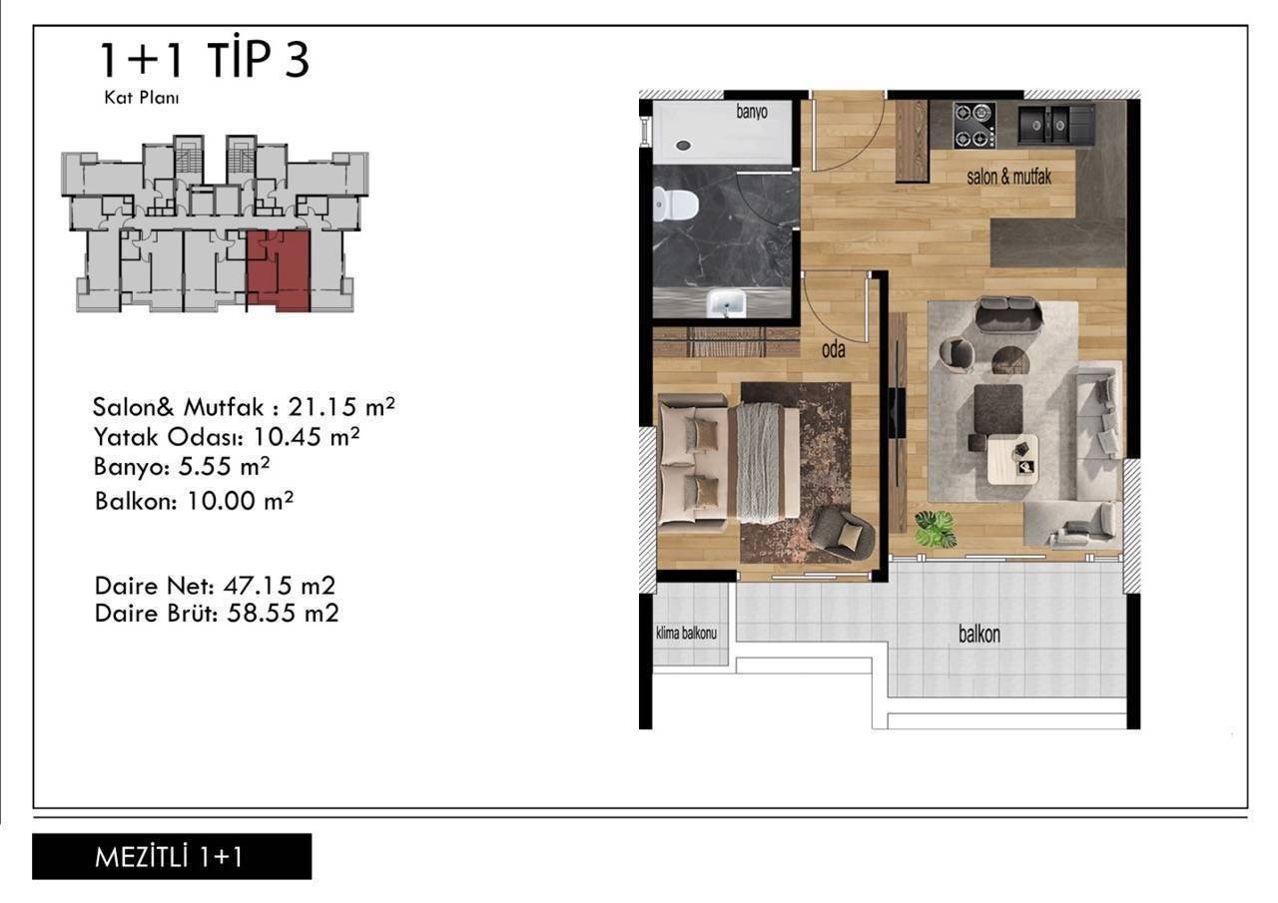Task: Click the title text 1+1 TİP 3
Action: [x=205, y=60]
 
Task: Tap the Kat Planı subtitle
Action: [x=142, y=98]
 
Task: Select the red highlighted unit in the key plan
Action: [x=279, y=270]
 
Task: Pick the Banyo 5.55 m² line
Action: [x=182, y=467]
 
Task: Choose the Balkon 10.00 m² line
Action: [x=194, y=502]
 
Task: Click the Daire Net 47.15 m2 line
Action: [x=215, y=586]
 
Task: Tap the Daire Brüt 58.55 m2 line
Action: [x=217, y=614]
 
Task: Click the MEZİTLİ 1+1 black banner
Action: [x=172, y=856]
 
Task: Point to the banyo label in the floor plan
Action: [x=752, y=112]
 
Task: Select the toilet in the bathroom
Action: [x=676, y=205]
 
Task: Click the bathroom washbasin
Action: [x=726, y=303]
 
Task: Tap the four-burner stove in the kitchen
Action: [x=974, y=126]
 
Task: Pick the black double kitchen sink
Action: [x=1056, y=125]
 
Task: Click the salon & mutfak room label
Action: [x=1008, y=177]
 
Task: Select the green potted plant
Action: [x=936, y=529]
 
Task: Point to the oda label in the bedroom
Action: [x=834, y=350]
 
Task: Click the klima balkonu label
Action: [x=686, y=633]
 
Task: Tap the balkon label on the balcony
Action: [x=979, y=635]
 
